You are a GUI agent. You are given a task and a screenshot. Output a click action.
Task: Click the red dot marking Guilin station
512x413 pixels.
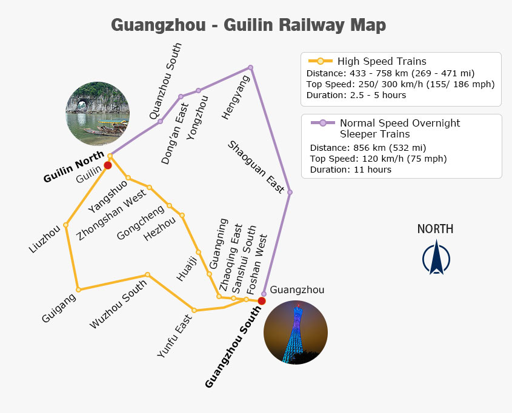(x=108, y=165)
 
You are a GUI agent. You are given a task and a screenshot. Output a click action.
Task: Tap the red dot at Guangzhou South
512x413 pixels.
(x=262, y=301)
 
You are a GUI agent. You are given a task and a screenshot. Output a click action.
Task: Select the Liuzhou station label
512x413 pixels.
(x=45, y=239)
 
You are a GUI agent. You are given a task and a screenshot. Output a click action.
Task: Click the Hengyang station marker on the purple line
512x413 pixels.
(x=250, y=68)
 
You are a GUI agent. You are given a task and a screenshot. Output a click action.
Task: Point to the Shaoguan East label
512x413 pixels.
(x=256, y=167)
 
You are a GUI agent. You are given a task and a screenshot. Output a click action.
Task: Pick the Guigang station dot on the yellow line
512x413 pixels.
(x=78, y=289)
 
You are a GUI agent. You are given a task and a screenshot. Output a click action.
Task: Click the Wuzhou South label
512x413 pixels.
(x=118, y=305)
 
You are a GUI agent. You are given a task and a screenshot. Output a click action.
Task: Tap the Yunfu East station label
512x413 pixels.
(x=175, y=336)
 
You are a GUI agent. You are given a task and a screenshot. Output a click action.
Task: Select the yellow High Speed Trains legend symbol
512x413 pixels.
(x=321, y=61)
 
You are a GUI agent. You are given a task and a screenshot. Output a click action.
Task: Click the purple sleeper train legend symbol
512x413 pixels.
(x=322, y=123)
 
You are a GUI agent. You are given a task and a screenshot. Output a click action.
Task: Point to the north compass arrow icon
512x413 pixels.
(x=436, y=257)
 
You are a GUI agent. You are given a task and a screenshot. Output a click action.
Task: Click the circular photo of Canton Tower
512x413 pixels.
(x=296, y=332)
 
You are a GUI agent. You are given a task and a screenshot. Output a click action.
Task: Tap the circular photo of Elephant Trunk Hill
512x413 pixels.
(x=98, y=113)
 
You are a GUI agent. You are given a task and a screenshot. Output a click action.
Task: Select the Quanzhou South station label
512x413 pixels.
(x=165, y=81)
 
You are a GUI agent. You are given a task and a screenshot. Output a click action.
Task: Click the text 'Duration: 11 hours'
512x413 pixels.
(x=351, y=170)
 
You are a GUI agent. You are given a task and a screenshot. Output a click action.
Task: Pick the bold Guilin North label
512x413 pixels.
(x=74, y=167)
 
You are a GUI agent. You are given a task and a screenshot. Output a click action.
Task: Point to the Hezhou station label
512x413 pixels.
(x=159, y=229)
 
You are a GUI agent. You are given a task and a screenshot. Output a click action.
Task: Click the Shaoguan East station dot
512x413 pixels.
(x=290, y=192)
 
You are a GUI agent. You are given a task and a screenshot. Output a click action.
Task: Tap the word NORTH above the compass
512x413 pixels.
(x=435, y=229)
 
